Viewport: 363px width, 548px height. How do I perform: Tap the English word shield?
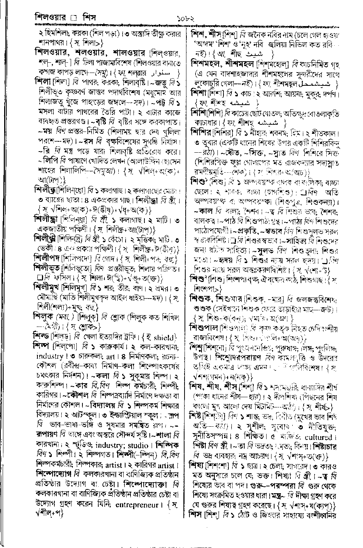[x=165, y=337]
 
